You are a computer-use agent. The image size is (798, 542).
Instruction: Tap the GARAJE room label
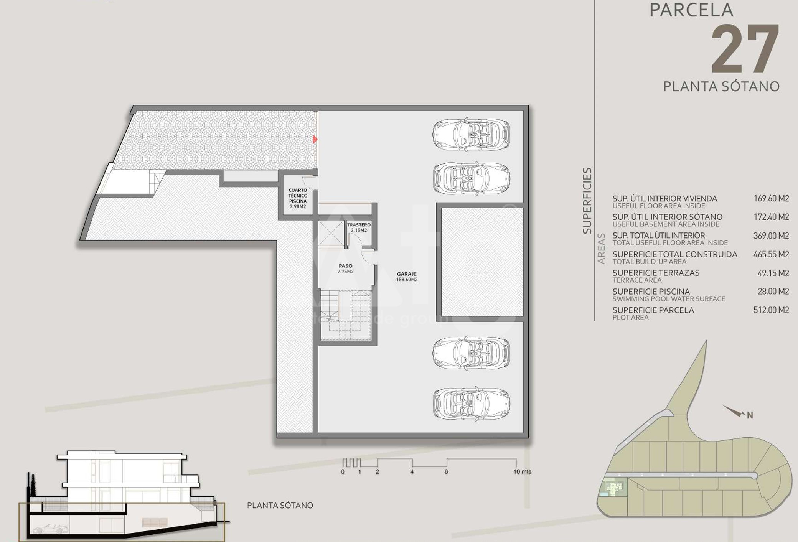point(407,274)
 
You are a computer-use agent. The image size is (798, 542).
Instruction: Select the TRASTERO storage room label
point(359,225)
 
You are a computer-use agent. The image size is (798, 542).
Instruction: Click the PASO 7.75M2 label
point(345,269)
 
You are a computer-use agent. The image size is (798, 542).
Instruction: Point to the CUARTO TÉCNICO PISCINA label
point(298,198)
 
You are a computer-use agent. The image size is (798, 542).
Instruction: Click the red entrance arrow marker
point(315,139)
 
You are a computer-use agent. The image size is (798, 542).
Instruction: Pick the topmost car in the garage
point(471,134)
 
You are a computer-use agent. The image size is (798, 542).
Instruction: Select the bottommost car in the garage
point(472,403)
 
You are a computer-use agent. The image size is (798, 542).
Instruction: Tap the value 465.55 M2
point(771,254)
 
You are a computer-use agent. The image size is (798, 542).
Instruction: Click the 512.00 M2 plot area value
point(771,310)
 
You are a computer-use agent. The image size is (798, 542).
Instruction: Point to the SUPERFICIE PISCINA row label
point(651,292)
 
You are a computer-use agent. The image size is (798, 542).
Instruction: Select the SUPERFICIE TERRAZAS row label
point(656,273)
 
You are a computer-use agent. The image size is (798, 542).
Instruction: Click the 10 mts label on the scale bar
point(522,471)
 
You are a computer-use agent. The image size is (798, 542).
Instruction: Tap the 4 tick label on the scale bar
point(412,472)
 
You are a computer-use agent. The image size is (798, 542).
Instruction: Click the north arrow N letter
point(750,415)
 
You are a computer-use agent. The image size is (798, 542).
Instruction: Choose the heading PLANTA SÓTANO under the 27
point(721,86)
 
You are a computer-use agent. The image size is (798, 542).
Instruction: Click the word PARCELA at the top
point(691,10)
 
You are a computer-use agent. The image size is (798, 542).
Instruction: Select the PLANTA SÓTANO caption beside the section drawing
point(280,506)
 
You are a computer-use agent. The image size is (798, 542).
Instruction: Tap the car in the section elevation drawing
point(51,529)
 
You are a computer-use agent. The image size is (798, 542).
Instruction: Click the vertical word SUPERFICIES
point(587,201)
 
